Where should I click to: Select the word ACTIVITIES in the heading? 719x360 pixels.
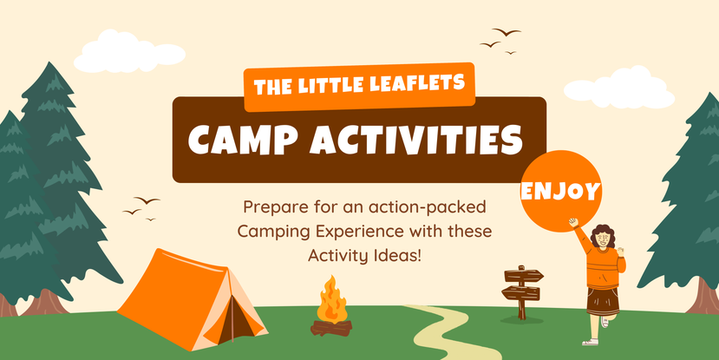pyautogui.click(x=416, y=138)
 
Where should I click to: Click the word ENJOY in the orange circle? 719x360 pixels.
pyautogui.click(x=560, y=191)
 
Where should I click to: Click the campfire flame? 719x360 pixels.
pyautogui.click(x=331, y=299)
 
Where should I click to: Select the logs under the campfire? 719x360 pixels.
pyautogui.click(x=331, y=328)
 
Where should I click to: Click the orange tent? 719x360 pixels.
pyautogui.click(x=192, y=300)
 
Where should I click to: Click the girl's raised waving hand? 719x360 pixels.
pyautogui.click(x=573, y=222)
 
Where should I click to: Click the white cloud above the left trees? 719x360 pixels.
pyautogui.click(x=129, y=52)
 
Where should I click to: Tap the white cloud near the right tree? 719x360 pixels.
pyautogui.click(x=618, y=88)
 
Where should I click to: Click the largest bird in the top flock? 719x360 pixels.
pyautogui.click(x=507, y=31)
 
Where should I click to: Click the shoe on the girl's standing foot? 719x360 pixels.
pyautogui.click(x=590, y=342)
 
